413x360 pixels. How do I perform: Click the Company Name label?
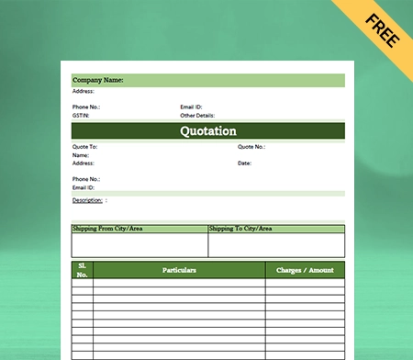[x=98, y=81]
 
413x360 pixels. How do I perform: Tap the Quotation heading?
[x=207, y=131]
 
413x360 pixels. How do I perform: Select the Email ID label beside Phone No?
[x=191, y=107]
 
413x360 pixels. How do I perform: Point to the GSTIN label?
[x=81, y=116]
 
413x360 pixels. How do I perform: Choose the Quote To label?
[x=84, y=147]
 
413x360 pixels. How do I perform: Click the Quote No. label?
[x=251, y=147]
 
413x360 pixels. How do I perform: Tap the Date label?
[x=244, y=163]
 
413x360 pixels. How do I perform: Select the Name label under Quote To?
[x=81, y=155]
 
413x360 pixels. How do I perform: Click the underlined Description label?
[x=87, y=199]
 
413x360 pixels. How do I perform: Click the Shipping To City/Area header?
[x=240, y=229]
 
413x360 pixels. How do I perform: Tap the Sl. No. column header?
[x=83, y=270]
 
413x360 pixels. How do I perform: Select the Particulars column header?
[x=179, y=270]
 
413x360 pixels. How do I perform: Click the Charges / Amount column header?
[x=305, y=270]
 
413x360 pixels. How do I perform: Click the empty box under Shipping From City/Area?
[x=140, y=244]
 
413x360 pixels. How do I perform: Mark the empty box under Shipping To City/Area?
[x=276, y=244]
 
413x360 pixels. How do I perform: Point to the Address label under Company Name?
[x=83, y=92]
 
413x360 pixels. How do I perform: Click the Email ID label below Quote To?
[x=84, y=187]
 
